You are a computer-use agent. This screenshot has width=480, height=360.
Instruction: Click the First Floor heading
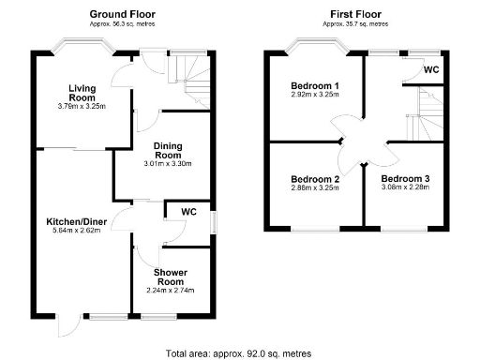coord(355,14)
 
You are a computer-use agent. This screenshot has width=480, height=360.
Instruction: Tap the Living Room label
coord(82,93)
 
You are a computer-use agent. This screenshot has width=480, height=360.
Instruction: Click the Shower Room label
coord(171,277)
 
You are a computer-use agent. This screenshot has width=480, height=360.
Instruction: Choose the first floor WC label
coord(431,70)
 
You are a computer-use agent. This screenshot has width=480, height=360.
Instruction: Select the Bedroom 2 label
coord(315,179)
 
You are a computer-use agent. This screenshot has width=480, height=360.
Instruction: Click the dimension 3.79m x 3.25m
coord(82,106)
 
